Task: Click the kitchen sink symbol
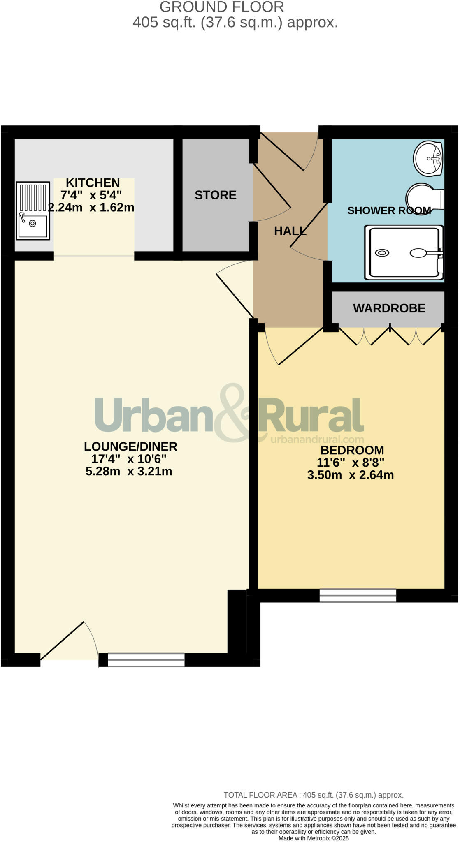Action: click(33, 210)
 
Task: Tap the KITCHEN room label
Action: click(93, 183)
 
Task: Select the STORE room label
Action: click(215, 195)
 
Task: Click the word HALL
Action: click(290, 231)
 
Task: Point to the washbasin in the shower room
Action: click(428, 158)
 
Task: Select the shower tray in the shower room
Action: click(404, 252)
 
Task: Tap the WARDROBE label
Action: click(389, 308)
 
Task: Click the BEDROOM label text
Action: click(352, 450)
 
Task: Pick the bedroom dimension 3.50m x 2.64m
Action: click(351, 475)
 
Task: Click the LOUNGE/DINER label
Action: click(130, 446)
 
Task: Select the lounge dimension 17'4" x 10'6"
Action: click(129, 459)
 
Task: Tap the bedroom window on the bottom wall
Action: click(358, 595)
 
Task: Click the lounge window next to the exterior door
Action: click(146, 659)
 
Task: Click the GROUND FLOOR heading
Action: click(221, 7)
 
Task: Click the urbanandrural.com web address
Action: click(317, 440)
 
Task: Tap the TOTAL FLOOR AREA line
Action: click(313, 795)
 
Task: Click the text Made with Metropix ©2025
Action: click(314, 838)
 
